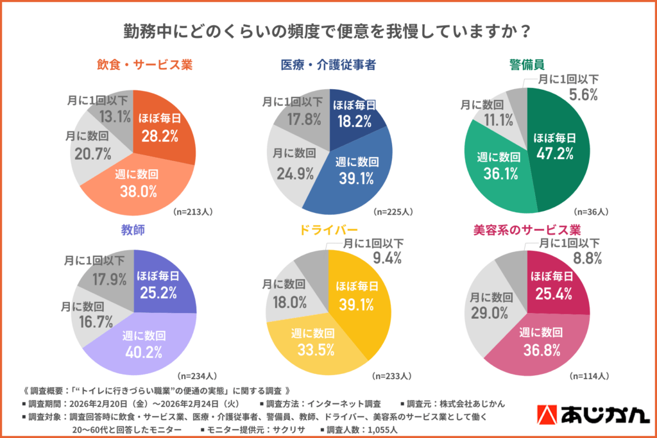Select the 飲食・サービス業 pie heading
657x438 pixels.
[x=136, y=65]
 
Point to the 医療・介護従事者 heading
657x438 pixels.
[x=328, y=65]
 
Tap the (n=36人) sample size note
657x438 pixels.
[x=592, y=211]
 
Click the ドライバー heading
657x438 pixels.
[x=328, y=229]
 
